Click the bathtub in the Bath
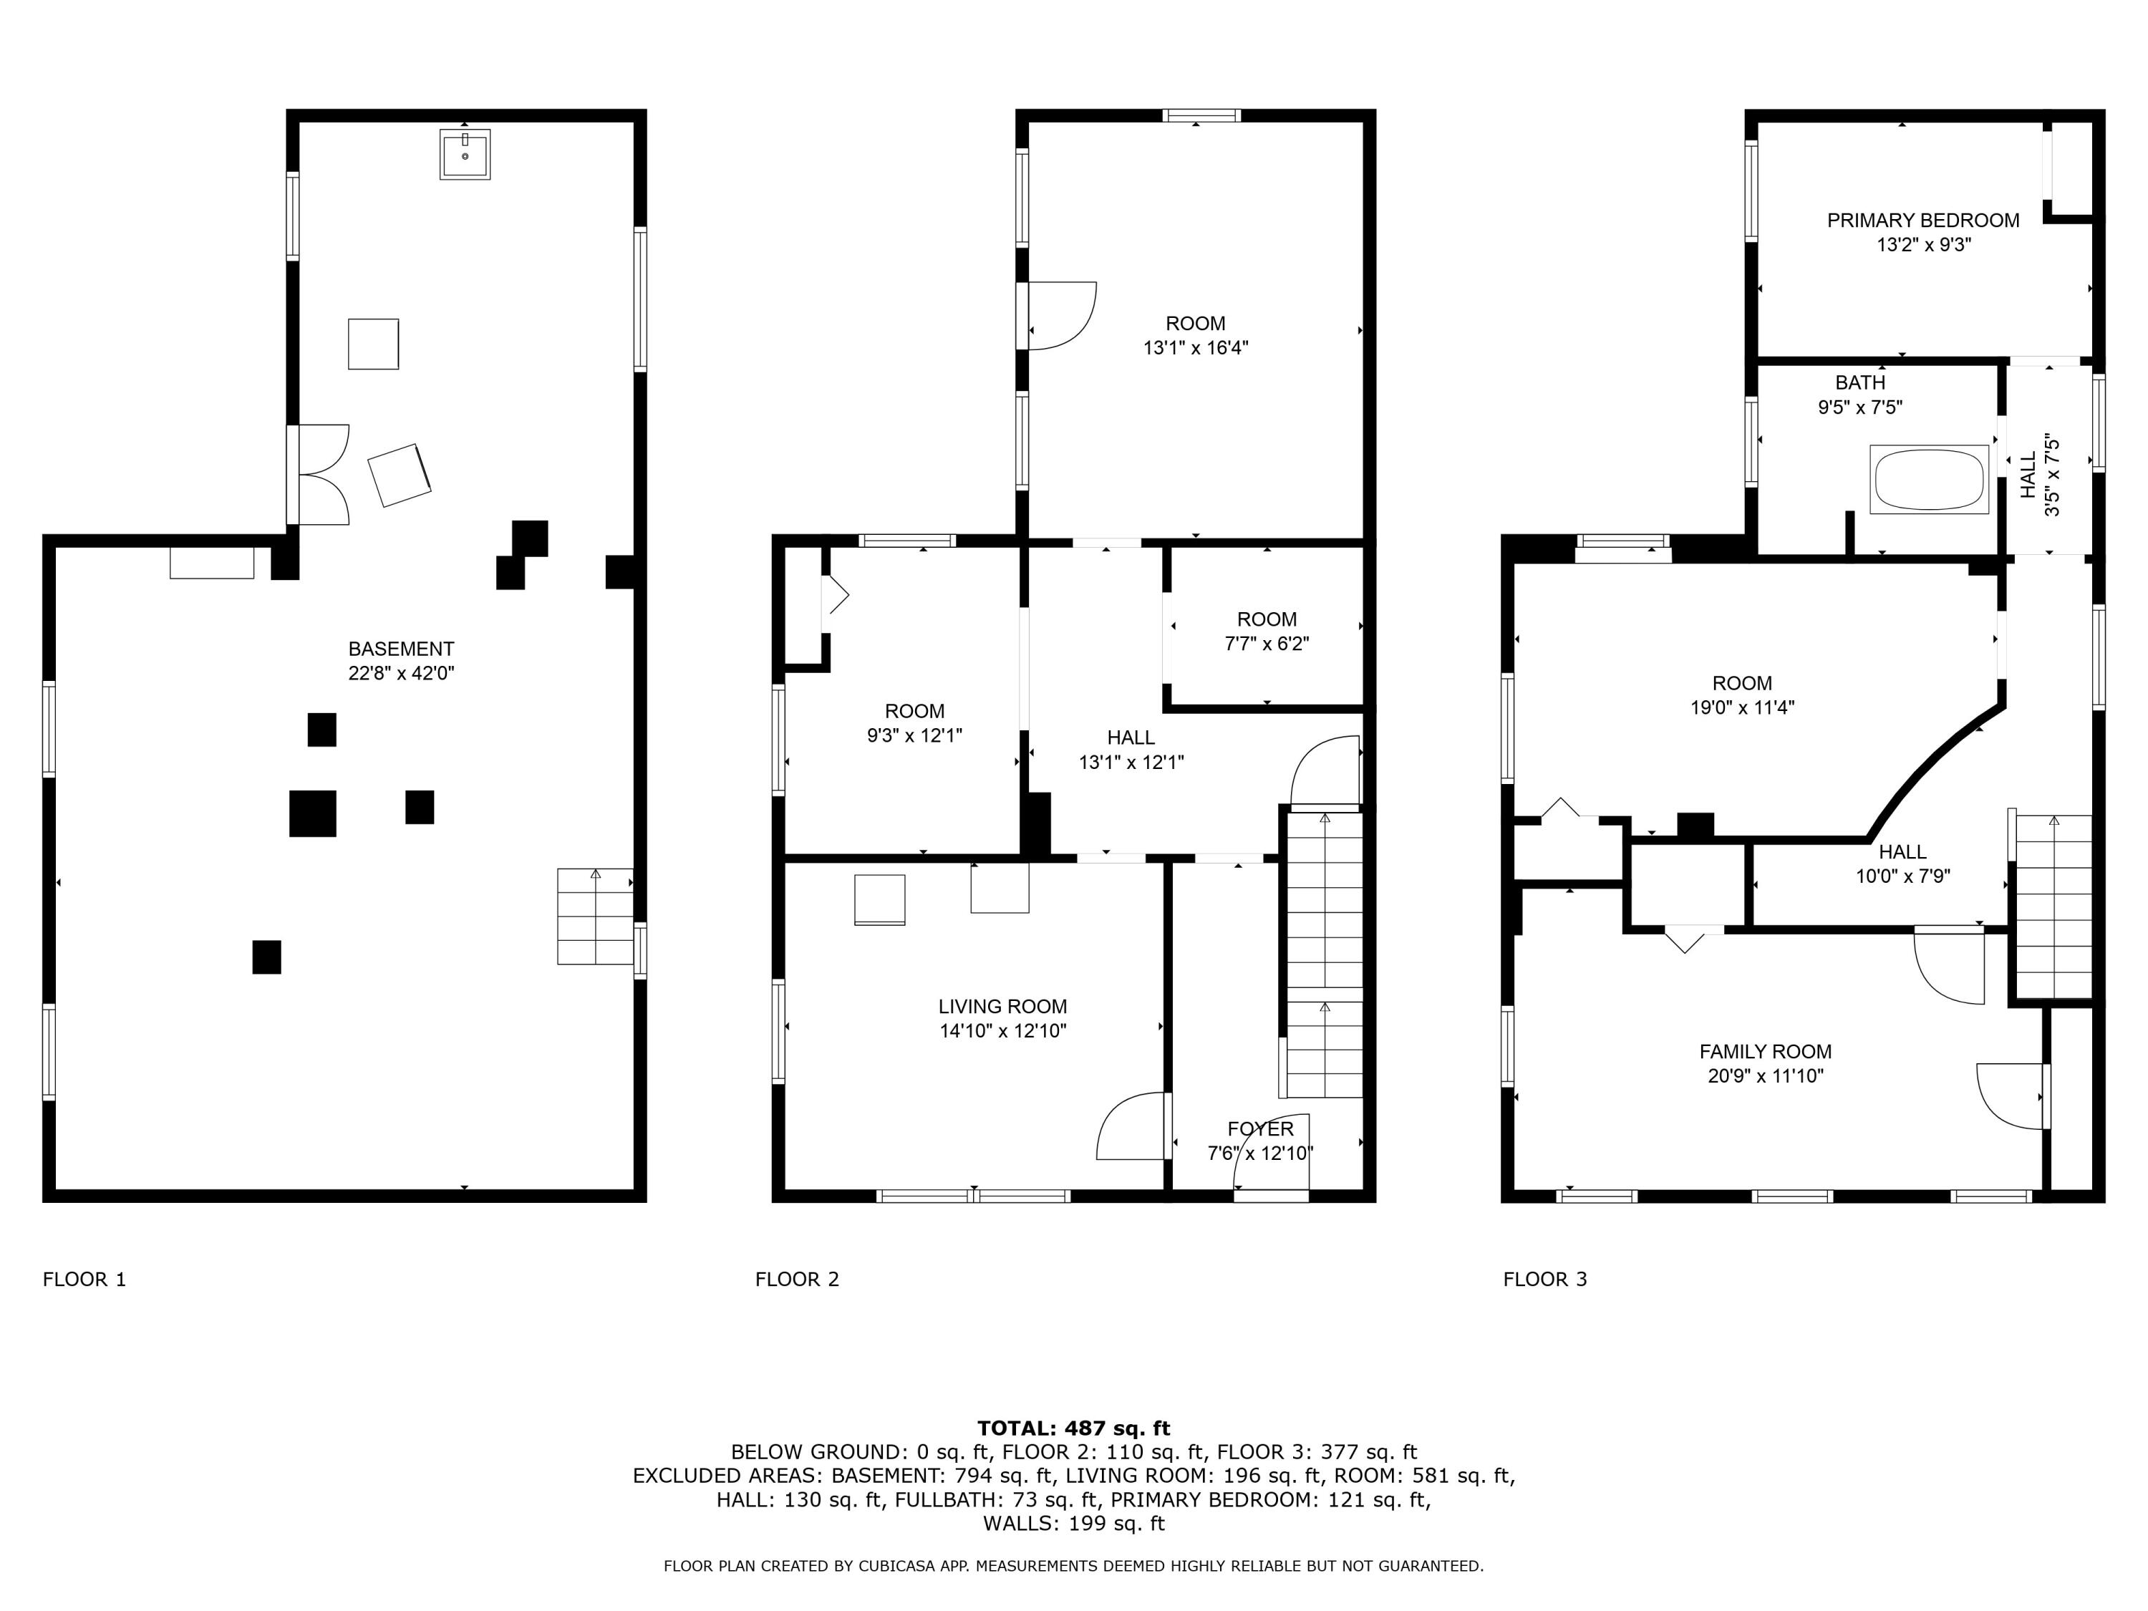pyautogui.click(x=1928, y=479)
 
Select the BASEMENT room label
pyautogui.click(x=401, y=649)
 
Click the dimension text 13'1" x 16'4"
pyautogui.click(x=1196, y=348)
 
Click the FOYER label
pyautogui.click(x=1259, y=1128)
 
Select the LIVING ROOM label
pyautogui.click(x=1002, y=1006)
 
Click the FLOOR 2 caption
pyautogui.click(x=796, y=1279)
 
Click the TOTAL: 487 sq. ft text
pyautogui.click(x=1073, y=1428)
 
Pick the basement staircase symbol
pyautogui.click(x=594, y=916)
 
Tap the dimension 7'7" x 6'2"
pyautogui.click(x=1267, y=644)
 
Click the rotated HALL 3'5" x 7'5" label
pyautogui.click(x=2039, y=475)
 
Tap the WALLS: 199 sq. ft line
pyautogui.click(x=1073, y=1523)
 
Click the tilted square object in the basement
pyautogui.click(x=399, y=475)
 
